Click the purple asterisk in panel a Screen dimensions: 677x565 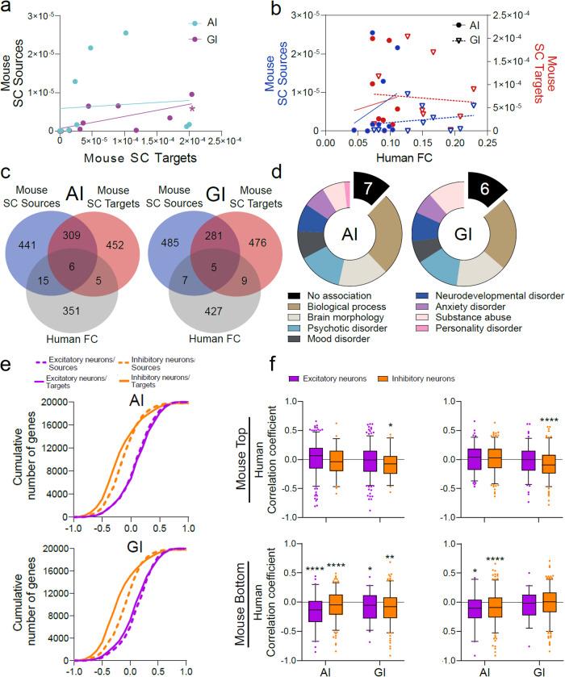[x=192, y=109]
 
